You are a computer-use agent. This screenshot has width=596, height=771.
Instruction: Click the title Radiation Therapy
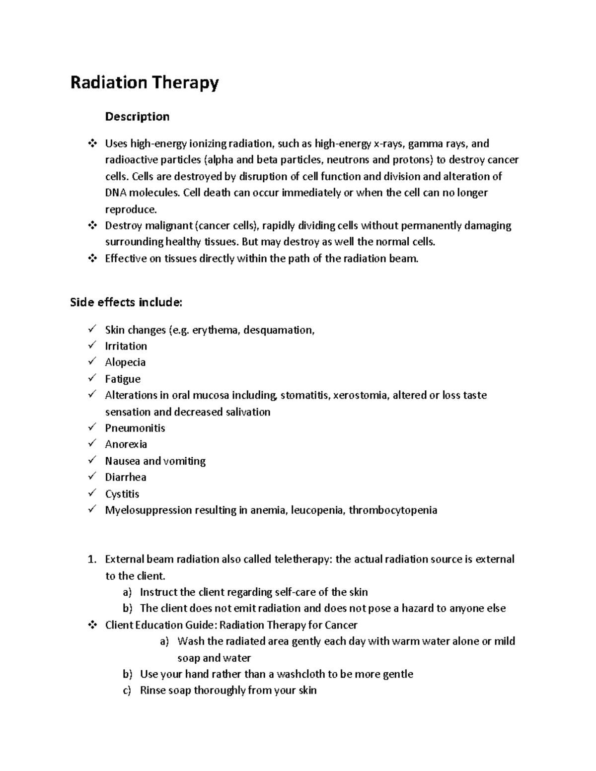point(144,82)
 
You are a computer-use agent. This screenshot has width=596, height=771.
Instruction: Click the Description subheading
point(137,117)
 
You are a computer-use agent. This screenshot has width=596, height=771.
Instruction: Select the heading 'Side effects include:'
point(126,302)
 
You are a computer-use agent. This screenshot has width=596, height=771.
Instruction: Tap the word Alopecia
point(125,362)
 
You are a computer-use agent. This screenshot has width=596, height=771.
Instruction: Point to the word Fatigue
point(123,379)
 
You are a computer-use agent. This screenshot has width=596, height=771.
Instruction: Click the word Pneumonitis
point(135,428)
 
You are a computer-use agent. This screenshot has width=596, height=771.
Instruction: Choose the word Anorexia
point(126,444)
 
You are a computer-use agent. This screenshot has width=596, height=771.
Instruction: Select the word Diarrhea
point(126,477)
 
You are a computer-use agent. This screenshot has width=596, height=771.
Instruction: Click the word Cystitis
point(122,494)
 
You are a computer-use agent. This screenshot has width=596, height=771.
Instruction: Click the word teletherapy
point(302,560)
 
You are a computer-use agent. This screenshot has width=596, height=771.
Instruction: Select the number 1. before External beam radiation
point(91,560)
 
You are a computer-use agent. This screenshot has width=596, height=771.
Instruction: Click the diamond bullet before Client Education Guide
point(91,625)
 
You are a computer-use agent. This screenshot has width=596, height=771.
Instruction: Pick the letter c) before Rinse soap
point(127,691)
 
